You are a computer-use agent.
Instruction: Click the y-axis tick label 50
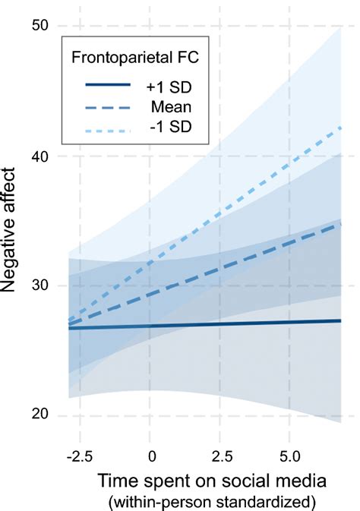point(39,26)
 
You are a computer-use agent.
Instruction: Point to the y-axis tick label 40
point(39,156)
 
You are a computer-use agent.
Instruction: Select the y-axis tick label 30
point(39,285)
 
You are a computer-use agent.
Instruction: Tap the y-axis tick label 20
point(39,415)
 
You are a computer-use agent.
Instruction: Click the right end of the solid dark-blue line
point(340,320)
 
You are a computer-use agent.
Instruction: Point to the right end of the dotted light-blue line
point(340,127)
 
